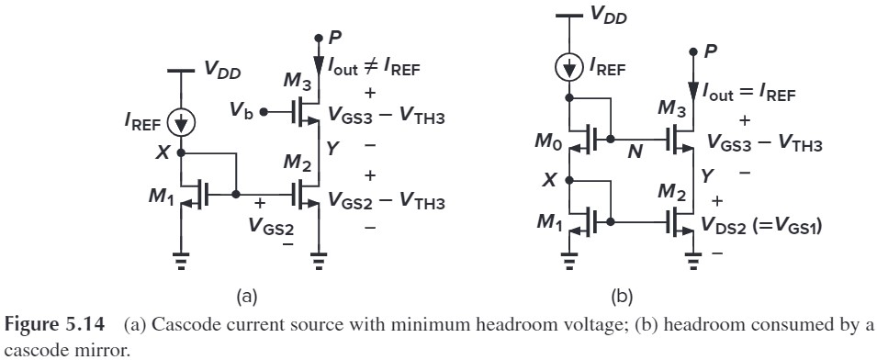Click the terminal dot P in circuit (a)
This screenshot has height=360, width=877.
tap(318, 38)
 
